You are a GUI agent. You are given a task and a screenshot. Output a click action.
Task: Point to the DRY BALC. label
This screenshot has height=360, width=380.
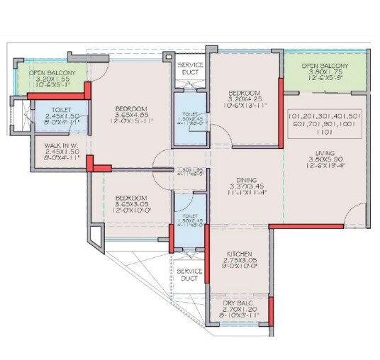[x=239, y=303]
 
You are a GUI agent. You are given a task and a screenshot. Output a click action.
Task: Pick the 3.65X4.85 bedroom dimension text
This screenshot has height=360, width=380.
[x=130, y=114]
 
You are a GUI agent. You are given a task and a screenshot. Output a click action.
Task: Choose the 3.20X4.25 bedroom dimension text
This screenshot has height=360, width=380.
[x=244, y=99]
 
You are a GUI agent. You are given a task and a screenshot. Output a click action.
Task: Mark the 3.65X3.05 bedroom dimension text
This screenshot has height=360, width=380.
[x=130, y=204]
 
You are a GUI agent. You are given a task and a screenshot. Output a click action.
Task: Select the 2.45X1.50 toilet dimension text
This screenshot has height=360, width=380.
[x=62, y=115]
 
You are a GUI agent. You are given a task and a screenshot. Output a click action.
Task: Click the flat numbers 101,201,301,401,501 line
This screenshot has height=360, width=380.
[x=325, y=115]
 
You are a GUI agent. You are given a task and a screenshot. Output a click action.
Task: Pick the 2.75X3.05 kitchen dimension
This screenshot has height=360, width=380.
[x=240, y=261]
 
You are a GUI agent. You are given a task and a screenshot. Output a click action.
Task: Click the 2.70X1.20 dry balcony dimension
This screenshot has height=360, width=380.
[x=239, y=310]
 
